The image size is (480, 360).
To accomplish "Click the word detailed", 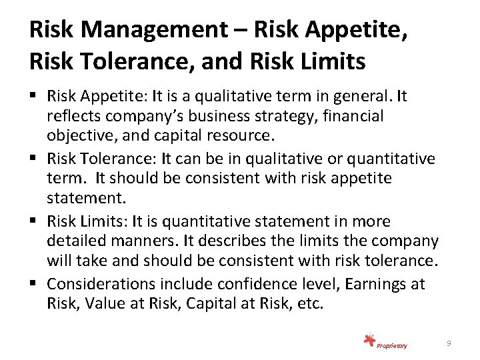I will (74, 240).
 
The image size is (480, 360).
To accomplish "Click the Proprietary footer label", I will (392, 345).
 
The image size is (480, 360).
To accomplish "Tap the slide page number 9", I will (449, 343).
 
